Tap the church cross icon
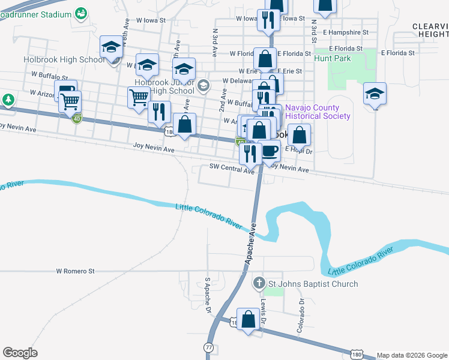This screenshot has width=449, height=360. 259,283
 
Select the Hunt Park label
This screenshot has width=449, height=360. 332,59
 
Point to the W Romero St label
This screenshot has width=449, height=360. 76,271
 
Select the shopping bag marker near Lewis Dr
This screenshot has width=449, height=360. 248,319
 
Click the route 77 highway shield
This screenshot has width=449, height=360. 208,347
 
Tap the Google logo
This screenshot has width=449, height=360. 20,353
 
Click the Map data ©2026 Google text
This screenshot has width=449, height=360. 411,355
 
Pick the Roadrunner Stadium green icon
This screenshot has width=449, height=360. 81,13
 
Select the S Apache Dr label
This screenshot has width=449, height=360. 208,295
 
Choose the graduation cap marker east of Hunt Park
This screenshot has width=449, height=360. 375,94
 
